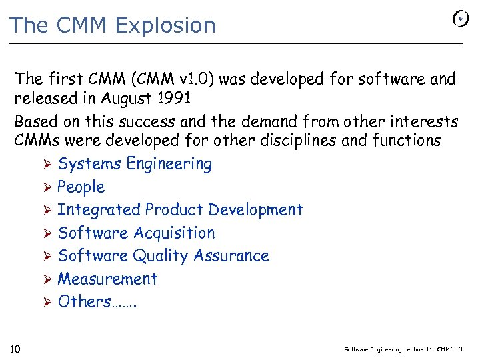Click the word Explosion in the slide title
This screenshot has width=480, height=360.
coord(165,25)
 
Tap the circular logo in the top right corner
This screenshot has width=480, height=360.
coord(461,19)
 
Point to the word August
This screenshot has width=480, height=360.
coord(123,99)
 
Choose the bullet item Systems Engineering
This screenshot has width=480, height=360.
coord(135,164)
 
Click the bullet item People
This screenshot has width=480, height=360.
coord(81,187)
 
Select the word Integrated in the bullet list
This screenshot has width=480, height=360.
coord(99,210)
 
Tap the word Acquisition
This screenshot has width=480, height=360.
coord(175,233)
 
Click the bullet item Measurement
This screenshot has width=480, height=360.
coord(107,279)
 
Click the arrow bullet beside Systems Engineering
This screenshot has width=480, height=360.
coord(47,164)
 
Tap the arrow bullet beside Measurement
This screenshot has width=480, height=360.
coord(47,279)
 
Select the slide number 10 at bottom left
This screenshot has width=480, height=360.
coord(17,349)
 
